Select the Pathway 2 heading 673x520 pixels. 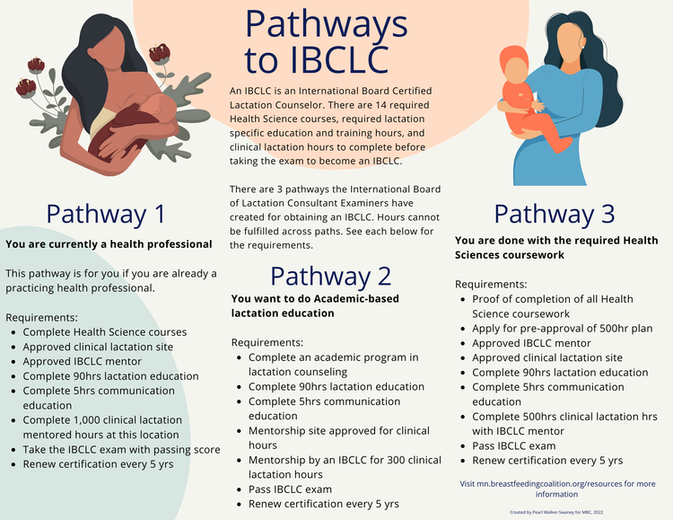(x=330, y=276)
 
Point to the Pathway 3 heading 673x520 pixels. (x=555, y=214)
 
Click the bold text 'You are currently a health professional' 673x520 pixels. (x=109, y=243)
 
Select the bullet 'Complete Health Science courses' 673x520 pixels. (x=104, y=332)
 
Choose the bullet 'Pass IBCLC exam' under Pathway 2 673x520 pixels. (x=290, y=489)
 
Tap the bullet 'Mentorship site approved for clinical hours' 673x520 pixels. (x=338, y=437)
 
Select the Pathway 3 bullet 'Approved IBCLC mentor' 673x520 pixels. (x=531, y=343)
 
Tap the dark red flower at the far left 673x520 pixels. (x=26, y=87)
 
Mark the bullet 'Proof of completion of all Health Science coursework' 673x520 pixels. (x=552, y=306)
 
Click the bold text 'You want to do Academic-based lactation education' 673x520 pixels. (x=314, y=305)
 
